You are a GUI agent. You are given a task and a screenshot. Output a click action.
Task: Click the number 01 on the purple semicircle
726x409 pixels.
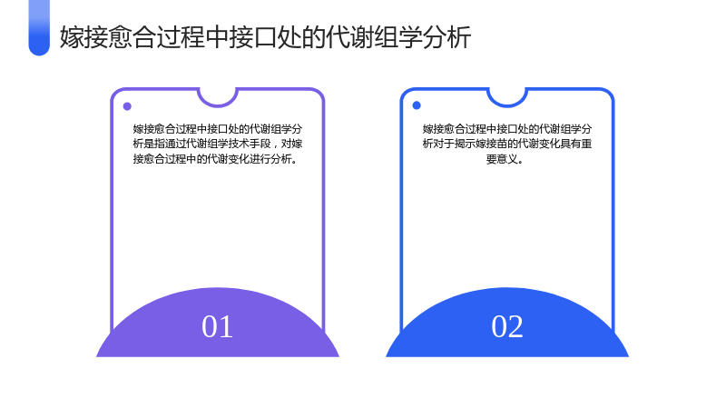point(217,326)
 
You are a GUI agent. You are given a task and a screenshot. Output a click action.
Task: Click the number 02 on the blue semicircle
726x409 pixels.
point(507,326)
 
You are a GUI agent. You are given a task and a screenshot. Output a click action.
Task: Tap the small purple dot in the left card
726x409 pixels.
point(127,106)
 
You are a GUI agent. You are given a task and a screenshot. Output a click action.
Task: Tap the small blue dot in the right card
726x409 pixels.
point(417,105)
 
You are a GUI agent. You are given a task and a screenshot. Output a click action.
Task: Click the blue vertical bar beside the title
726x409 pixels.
point(39,28)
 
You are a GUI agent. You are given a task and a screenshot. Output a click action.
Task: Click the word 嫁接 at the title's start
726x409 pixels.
point(83,37)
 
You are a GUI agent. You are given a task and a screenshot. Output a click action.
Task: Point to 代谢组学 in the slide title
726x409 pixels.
point(373,37)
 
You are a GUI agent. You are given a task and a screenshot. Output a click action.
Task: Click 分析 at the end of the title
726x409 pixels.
point(446,37)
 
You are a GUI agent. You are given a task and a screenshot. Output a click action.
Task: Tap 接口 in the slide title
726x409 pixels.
point(252,37)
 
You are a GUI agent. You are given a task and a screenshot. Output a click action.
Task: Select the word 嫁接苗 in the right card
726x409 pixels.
point(491,144)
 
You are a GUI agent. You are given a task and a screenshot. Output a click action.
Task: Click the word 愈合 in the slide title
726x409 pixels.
point(132,37)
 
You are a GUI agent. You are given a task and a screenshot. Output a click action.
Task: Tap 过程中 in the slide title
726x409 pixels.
point(192,37)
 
